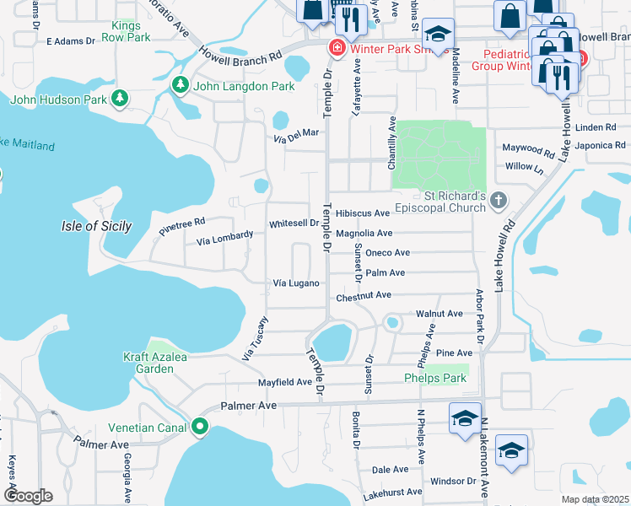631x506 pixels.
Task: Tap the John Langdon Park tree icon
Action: point(180,85)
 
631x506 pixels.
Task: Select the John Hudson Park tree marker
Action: point(120,100)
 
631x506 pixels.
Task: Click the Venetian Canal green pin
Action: point(200,427)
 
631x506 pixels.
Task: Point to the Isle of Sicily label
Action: point(97,226)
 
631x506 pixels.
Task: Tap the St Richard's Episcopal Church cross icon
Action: point(499,201)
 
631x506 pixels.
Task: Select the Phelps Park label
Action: point(434,379)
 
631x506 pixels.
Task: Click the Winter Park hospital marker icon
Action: point(337,47)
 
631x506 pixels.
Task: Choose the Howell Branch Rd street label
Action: point(240,55)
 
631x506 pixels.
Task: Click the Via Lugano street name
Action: point(295,283)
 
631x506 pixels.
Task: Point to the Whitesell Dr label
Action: point(293,223)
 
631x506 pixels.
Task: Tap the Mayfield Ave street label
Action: point(284,382)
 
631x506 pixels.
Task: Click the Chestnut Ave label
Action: point(364,295)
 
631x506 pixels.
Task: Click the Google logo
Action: point(28,496)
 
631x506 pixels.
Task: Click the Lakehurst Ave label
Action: point(391,492)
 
